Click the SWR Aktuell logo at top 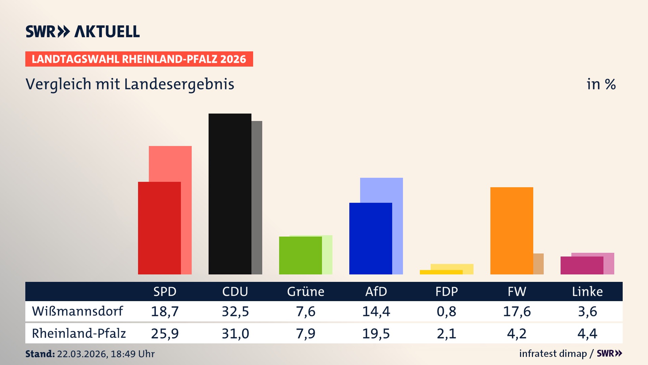coord(82,31)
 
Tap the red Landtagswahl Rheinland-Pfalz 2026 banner coord(139,59)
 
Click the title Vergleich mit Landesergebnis coord(130,84)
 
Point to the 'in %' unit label coord(601,84)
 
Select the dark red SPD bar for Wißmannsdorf coord(159,228)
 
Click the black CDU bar coord(230,194)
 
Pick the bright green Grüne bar coord(300,255)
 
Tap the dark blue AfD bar coord(371,238)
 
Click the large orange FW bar coord(512,230)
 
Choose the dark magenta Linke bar coord(582,265)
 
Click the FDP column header coord(447,292)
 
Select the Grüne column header coord(305,292)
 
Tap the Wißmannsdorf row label coord(77,311)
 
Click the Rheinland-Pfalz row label coord(79,334)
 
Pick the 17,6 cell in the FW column coord(517,311)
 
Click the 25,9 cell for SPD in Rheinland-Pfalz coord(165,334)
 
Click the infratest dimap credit coord(553,354)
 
